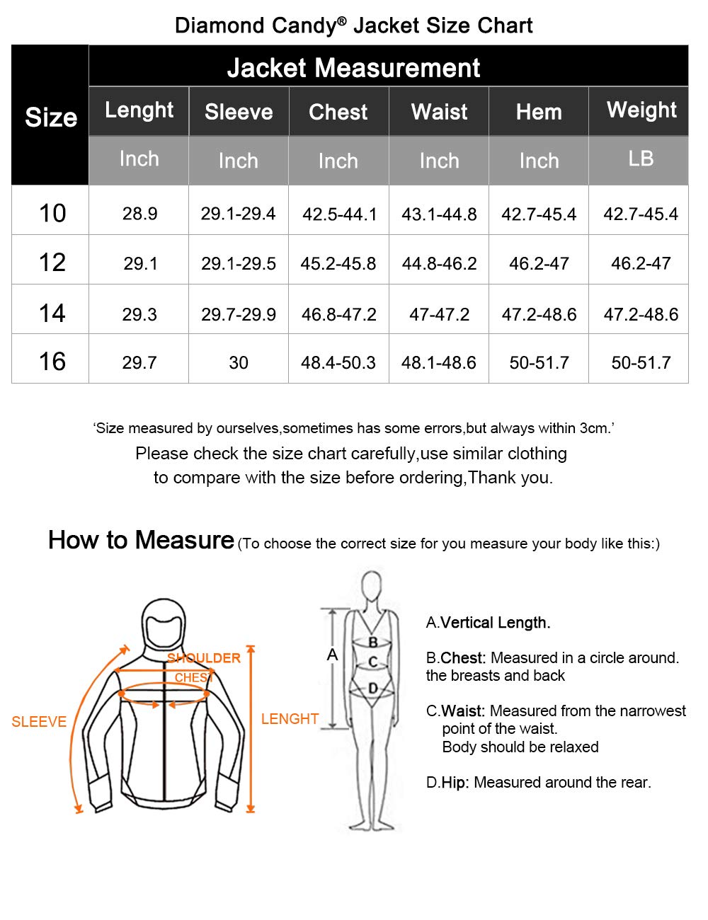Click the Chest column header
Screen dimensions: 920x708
click(x=338, y=112)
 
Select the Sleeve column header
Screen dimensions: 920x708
click(x=239, y=112)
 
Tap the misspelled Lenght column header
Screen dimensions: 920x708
click(x=139, y=110)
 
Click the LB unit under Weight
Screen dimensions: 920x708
click(x=641, y=159)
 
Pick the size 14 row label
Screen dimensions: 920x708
click(x=52, y=313)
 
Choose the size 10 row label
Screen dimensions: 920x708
click(x=52, y=213)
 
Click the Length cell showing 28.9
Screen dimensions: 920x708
click(x=139, y=214)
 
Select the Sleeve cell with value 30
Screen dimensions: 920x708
click(x=239, y=363)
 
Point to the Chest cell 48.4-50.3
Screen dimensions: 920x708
click(x=338, y=363)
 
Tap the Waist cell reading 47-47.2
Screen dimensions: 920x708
click(x=439, y=314)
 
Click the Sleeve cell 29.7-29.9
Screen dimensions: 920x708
click(x=239, y=314)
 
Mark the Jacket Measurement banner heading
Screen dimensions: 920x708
click(x=353, y=68)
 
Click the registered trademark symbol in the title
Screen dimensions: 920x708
click(x=342, y=21)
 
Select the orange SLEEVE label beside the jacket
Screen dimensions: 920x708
click(x=39, y=722)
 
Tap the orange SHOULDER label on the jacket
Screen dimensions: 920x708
click(x=204, y=658)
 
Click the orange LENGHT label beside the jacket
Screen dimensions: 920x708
click(x=290, y=719)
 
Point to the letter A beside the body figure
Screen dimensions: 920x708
click(x=332, y=655)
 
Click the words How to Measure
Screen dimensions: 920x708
click(x=141, y=541)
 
